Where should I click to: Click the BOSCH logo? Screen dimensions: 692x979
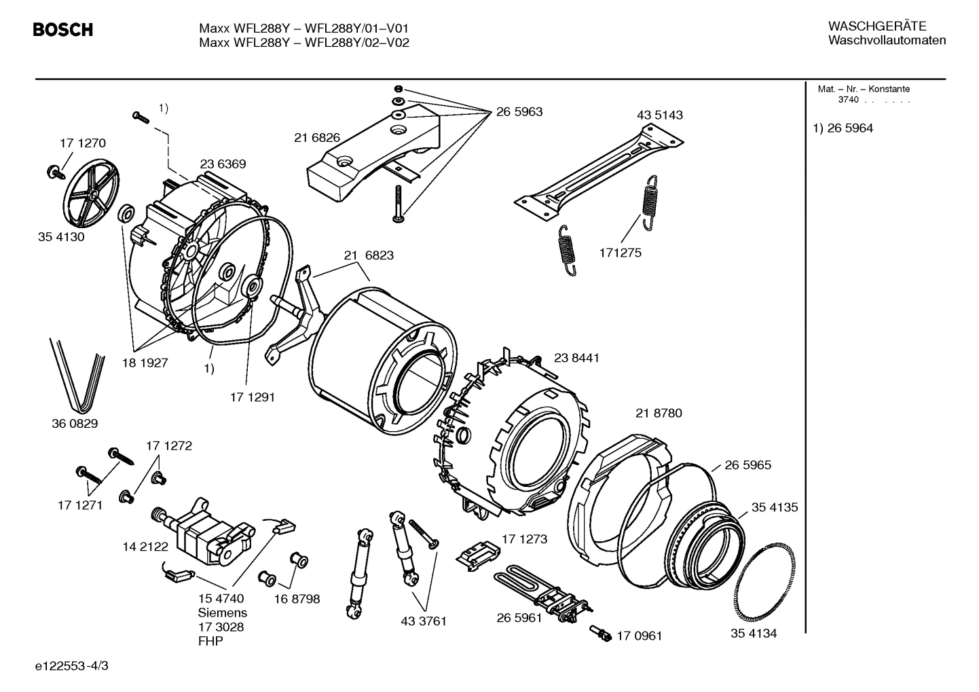62,30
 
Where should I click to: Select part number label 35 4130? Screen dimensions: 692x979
61,238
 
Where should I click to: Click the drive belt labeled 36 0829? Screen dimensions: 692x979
76,377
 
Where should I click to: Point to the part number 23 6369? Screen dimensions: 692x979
223,164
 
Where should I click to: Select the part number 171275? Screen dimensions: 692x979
620,253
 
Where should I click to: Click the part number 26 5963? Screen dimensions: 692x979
519,112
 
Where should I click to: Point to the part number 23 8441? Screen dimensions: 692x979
576,358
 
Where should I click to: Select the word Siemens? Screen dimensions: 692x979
223,613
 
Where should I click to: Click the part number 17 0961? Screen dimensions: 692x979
639,636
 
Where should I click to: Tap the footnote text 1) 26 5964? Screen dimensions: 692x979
843,128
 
